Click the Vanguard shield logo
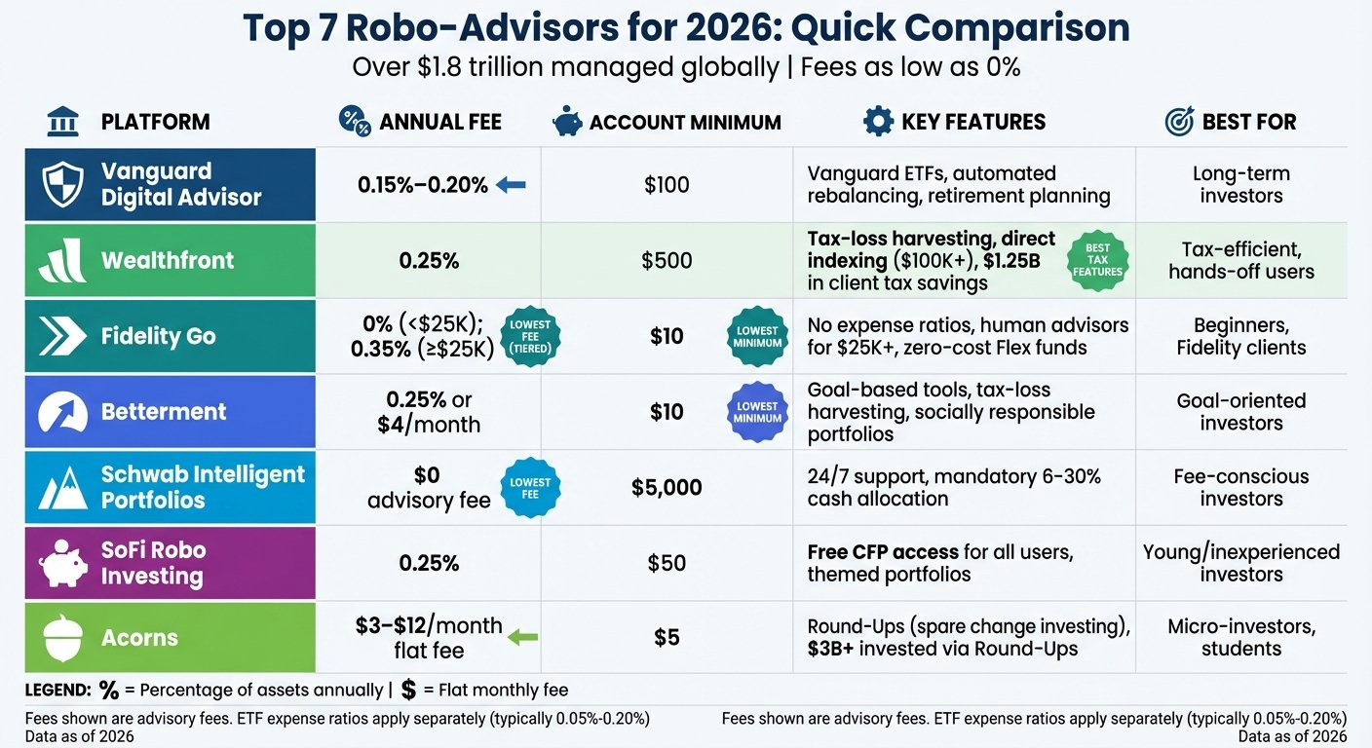point(62,184)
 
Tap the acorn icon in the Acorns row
point(62,638)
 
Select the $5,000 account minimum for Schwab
point(667,487)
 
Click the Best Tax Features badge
point(1097,260)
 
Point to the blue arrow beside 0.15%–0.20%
point(511,184)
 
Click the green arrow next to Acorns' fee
point(522,637)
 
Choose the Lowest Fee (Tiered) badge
point(530,336)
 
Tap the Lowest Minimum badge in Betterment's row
point(758,412)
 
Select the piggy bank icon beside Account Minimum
point(567,121)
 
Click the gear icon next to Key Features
point(878,121)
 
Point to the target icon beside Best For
point(1180,121)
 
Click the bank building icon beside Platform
point(62,121)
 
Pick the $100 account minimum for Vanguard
point(667,185)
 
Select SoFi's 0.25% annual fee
point(429,563)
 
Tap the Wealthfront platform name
point(168,261)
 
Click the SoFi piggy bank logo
point(63,563)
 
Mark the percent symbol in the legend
point(109,690)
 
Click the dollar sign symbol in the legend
point(408,690)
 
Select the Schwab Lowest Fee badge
point(530,488)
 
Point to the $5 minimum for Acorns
point(667,638)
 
